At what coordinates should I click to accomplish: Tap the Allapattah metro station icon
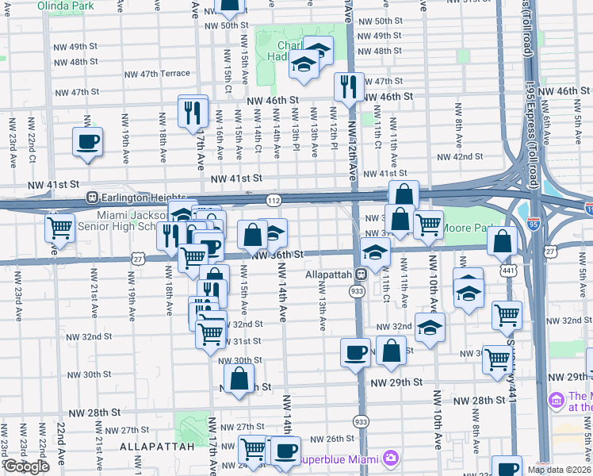pos(360,274)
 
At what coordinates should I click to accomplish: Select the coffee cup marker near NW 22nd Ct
pos(87,142)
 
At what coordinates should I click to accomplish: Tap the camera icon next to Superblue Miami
pos(389,458)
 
